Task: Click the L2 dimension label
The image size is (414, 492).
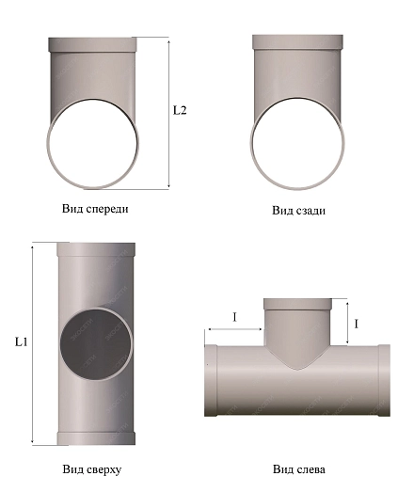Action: click(x=180, y=110)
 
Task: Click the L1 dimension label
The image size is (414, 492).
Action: click(x=22, y=341)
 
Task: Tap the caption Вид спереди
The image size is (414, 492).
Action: click(x=95, y=209)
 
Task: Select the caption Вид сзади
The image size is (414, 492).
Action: click(x=298, y=210)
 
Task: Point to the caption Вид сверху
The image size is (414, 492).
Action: click(x=92, y=469)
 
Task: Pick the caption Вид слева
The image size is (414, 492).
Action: click(x=299, y=469)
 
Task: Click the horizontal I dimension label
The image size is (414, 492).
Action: click(x=234, y=318)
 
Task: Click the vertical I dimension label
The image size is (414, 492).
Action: click(x=356, y=324)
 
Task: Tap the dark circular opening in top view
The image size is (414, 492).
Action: click(x=95, y=343)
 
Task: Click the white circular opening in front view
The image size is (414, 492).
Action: click(x=92, y=144)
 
